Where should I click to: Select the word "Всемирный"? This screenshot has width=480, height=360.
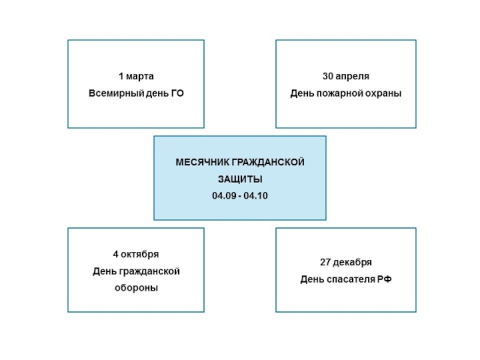(112, 93)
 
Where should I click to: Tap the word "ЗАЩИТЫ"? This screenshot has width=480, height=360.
(240, 179)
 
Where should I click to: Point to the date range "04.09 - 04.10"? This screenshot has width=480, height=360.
(240, 196)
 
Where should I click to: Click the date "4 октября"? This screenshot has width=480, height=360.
(136, 254)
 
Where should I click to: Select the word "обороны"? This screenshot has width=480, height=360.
(136, 287)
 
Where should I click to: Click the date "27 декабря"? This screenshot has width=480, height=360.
(346, 262)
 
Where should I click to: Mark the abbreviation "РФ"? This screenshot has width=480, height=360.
(384, 280)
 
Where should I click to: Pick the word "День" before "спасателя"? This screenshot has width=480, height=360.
(312, 280)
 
